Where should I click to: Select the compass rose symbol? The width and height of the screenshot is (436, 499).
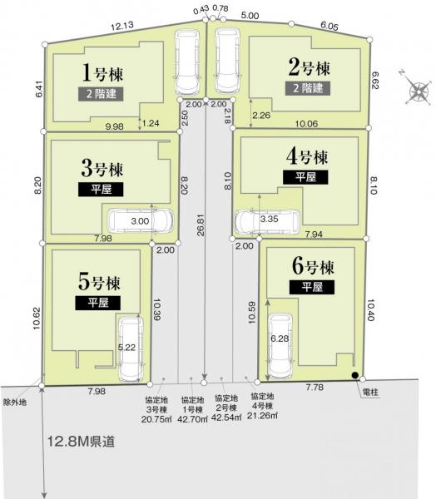click(x=417, y=89)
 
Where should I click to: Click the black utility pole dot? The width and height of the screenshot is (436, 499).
click(x=355, y=375)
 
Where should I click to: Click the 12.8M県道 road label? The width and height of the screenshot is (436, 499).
click(x=82, y=439)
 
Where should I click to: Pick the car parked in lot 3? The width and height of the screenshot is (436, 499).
click(x=140, y=221)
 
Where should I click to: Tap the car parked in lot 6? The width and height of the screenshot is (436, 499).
click(x=280, y=344)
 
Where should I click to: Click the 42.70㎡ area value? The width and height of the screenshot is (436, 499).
click(x=193, y=416)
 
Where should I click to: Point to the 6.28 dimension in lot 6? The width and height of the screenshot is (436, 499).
click(x=279, y=339)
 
